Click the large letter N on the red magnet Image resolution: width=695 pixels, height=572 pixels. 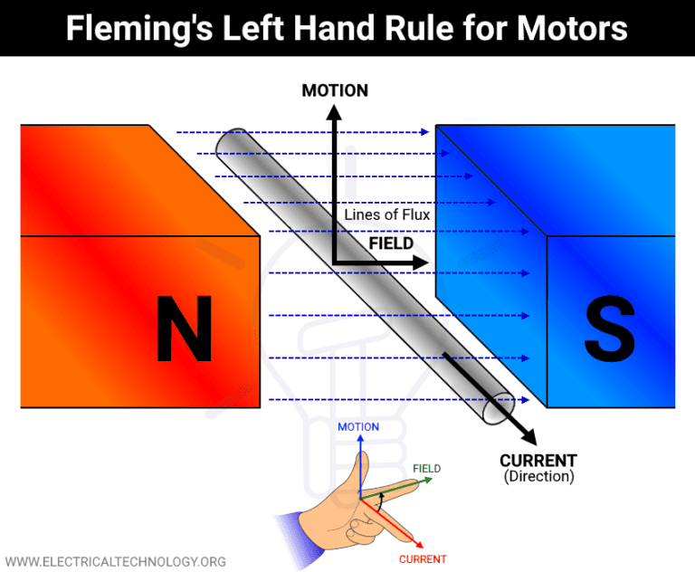click(184, 328)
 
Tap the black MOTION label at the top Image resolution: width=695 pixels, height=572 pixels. click(334, 91)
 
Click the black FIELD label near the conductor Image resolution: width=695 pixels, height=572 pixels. click(390, 243)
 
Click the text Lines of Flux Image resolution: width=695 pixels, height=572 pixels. click(387, 215)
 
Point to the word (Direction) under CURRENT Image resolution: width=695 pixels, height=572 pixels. click(538, 476)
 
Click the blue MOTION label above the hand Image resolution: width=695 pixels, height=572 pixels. click(358, 427)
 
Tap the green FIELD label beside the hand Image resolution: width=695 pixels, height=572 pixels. click(426, 469)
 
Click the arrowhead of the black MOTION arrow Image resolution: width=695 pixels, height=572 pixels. click(334, 112)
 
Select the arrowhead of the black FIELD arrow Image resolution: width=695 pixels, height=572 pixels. click(421, 263)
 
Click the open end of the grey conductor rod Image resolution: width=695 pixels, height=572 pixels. click(499, 409)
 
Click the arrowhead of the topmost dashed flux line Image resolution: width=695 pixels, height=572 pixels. click(425, 133)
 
